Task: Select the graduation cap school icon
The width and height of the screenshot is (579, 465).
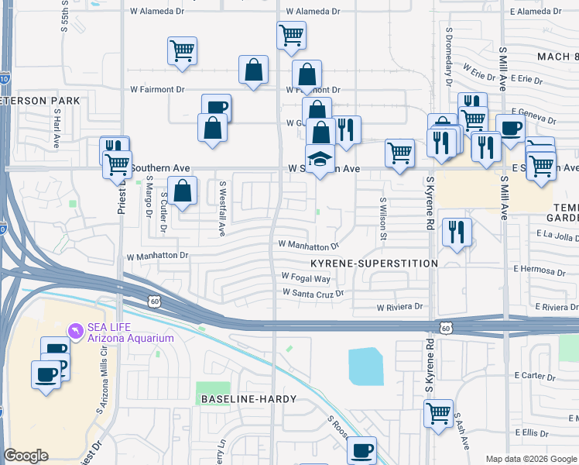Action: [x=320, y=159]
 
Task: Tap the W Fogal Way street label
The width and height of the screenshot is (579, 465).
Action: [x=306, y=277]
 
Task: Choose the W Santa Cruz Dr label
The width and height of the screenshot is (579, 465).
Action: [x=313, y=293]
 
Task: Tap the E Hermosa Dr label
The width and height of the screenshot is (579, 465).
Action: [x=545, y=272]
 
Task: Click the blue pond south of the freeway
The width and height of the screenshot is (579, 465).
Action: [x=366, y=367]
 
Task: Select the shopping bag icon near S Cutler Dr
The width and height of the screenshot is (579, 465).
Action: [x=182, y=191]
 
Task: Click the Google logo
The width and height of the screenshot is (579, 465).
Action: [x=26, y=456]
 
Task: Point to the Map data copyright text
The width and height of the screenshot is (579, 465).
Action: [x=531, y=459]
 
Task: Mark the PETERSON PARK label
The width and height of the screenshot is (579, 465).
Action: [x=40, y=101]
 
